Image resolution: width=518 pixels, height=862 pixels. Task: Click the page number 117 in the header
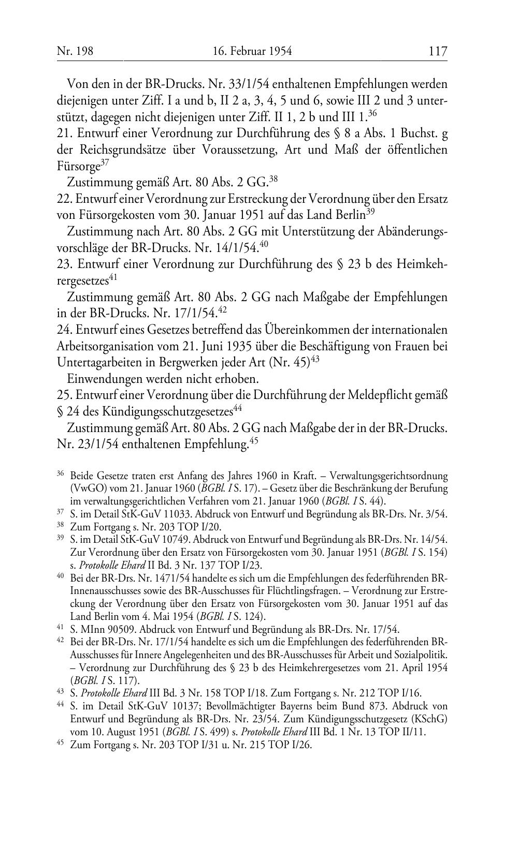tap(437, 51)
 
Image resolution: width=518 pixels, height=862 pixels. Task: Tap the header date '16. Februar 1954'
tap(252, 51)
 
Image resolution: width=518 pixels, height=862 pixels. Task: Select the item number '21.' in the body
tap(65, 133)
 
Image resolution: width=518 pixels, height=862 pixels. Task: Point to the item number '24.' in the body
tap(65, 330)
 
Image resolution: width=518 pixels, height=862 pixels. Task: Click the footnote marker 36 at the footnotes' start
tap(60, 474)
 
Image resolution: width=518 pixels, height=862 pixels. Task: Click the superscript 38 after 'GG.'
tap(274, 180)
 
